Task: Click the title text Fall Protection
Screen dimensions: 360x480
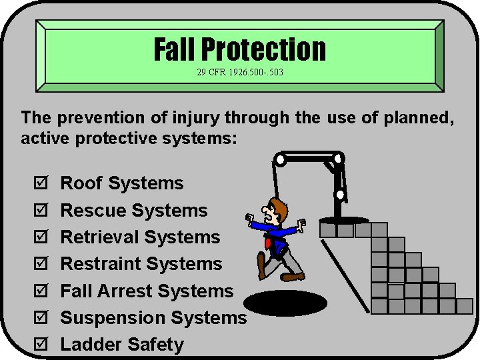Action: (240, 49)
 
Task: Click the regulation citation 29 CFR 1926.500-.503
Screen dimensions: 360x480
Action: (240, 71)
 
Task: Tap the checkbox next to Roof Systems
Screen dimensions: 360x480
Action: (40, 184)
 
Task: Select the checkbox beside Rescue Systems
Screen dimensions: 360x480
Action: (40, 211)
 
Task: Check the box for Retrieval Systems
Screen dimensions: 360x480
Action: (40, 238)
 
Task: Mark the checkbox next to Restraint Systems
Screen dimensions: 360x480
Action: (40, 265)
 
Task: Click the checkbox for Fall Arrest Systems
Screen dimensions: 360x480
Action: (40, 292)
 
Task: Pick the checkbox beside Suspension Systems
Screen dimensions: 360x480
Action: (40, 319)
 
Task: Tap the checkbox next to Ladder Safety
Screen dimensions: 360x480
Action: (40, 345)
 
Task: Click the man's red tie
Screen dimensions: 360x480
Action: (269, 243)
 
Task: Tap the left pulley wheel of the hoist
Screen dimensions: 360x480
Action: (281, 160)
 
